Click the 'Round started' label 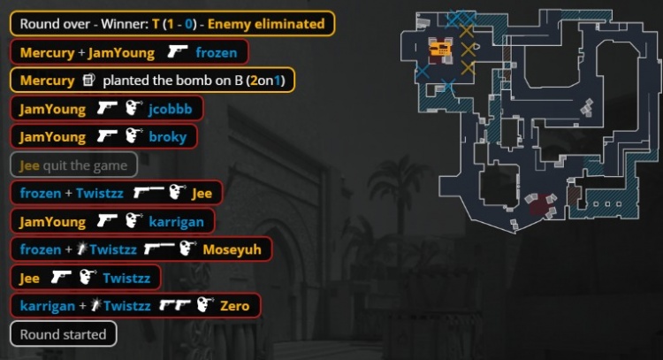tap(63, 334)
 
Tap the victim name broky tap(168, 137)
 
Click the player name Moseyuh tap(232, 249)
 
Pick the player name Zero tap(234, 306)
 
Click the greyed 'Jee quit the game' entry tap(73, 165)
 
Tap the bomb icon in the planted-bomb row tap(88, 80)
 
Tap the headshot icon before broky tap(133, 137)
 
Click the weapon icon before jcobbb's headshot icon tap(108, 109)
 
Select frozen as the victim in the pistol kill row tap(217, 52)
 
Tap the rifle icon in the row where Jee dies tap(148, 193)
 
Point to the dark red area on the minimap tap(538, 209)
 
